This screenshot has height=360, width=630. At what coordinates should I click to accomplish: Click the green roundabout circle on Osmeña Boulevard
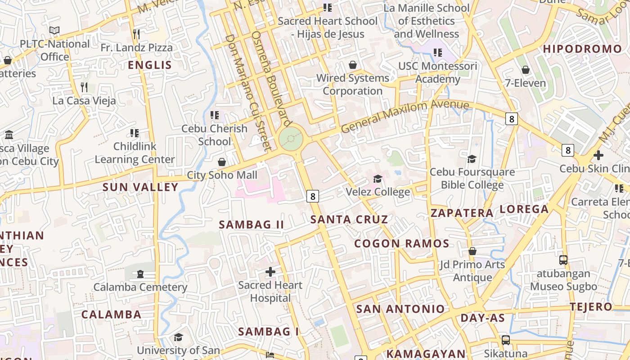click(x=291, y=139)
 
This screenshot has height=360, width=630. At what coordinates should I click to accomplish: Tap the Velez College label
click(x=378, y=192)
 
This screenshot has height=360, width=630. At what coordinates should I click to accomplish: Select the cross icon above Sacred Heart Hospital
click(x=270, y=272)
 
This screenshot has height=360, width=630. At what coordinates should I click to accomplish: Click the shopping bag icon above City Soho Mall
click(x=221, y=162)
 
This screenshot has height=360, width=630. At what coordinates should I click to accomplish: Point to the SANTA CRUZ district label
click(x=349, y=220)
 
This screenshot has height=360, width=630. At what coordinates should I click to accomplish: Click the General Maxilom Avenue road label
click(x=405, y=116)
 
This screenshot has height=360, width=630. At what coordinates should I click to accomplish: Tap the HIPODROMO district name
click(x=582, y=49)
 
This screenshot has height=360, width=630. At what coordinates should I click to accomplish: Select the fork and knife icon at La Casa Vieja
click(x=84, y=87)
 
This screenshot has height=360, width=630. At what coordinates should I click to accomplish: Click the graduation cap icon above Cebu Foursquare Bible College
click(x=472, y=159)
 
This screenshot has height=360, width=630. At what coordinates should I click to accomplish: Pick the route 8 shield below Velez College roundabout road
click(x=313, y=196)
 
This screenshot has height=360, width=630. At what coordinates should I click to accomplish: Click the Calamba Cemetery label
click(x=140, y=287)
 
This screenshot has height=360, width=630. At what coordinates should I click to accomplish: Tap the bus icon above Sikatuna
click(x=506, y=340)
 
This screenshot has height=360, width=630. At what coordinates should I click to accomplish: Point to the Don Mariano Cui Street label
click(x=247, y=92)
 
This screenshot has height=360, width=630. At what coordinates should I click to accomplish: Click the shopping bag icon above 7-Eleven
click(x=525, y=70)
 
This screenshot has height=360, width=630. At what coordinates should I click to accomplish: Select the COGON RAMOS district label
click(x=401, y=244)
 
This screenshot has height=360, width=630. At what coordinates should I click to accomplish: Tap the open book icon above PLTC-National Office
click(x=54, y=31)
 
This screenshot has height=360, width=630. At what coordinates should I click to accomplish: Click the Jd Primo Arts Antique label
click(x=472, y=271)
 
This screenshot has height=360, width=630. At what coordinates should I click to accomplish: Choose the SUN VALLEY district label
click(x=140, y=187)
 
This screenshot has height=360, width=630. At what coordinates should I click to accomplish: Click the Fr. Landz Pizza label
click(x=136, y=48)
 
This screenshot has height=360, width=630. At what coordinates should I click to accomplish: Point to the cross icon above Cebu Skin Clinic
click(x=598, y=155)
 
